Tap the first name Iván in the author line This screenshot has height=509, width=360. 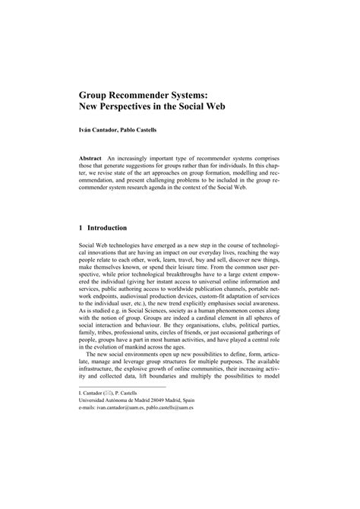[x=87, y=130]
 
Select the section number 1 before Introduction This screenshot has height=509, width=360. [x=81, y=227]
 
